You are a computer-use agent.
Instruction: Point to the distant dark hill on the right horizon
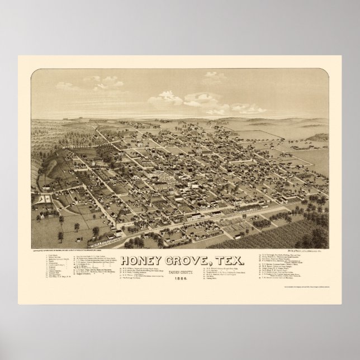316,137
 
